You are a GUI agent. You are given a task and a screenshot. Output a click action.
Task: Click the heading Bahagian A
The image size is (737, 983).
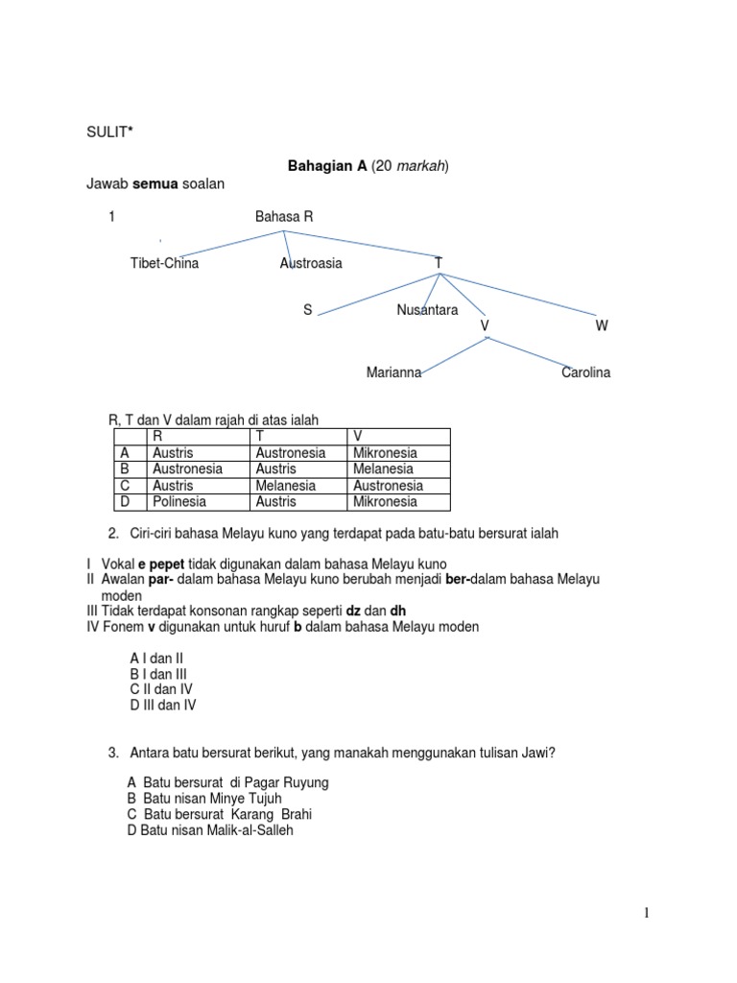pos(327,166)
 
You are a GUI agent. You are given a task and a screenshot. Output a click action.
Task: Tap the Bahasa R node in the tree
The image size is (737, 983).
pos(284,217)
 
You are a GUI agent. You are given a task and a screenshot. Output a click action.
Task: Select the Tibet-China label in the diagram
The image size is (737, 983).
pos(165,263)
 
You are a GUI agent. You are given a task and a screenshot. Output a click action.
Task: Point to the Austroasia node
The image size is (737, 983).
pos(311,263)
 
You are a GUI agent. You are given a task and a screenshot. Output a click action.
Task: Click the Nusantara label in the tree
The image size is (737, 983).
pos(427,310)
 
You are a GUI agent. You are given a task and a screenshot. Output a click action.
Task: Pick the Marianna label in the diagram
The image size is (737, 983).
pos(393,372)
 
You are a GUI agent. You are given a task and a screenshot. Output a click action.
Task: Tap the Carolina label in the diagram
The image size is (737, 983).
pos(585,372)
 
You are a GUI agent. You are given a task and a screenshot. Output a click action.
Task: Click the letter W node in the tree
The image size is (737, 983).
pos(602,326)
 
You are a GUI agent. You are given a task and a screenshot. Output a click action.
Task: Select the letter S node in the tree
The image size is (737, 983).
pos(308,310)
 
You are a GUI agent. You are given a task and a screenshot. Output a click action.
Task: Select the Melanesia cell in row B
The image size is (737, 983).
pos(383,469)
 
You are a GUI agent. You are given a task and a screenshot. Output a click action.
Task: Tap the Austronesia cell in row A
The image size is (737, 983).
pos(291,453)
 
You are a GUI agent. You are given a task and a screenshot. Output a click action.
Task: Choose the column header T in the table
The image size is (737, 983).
pos(260,437)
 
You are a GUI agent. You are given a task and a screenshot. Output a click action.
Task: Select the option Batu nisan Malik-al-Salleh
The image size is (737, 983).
pos(210,830)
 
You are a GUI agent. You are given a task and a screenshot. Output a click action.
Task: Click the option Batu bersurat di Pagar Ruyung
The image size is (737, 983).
pos(227,782)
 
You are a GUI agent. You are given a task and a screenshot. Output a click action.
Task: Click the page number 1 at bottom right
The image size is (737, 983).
pos(648,914)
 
